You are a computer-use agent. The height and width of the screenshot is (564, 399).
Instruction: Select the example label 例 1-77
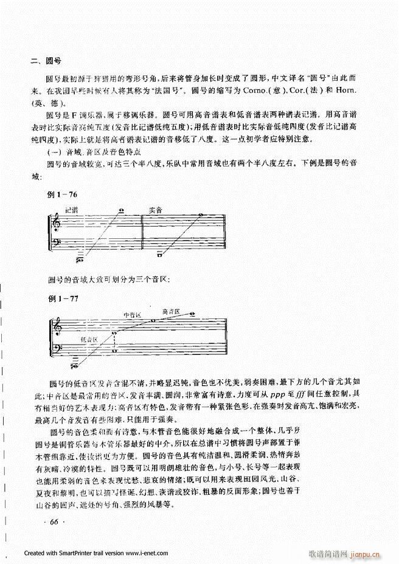(x=63, y=299)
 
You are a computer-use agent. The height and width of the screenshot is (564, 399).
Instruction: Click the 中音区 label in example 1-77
(x=132, y=315)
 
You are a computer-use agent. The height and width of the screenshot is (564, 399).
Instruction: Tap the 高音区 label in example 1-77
(x=171, y=312)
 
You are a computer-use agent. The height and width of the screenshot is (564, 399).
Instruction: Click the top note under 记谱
(x=122, y=211)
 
